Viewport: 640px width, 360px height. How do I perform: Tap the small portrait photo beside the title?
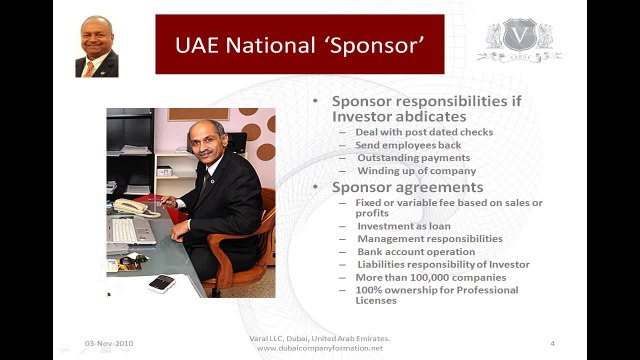coord(96,46)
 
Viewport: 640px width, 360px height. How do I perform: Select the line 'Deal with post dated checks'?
coord(424,132)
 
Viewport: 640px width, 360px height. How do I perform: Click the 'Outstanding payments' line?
coord(413,158)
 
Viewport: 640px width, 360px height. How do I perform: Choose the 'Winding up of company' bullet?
coord(415,171)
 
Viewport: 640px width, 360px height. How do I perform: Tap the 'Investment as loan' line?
coord(404,226)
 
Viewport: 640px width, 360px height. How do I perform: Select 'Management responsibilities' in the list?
coord(429,239)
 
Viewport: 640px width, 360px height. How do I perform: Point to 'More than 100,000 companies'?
coord(431,277)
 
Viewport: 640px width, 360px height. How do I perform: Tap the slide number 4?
coord(553,343)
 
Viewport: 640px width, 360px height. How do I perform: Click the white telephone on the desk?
coord(130,207)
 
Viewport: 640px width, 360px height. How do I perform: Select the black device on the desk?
coord(162,283)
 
